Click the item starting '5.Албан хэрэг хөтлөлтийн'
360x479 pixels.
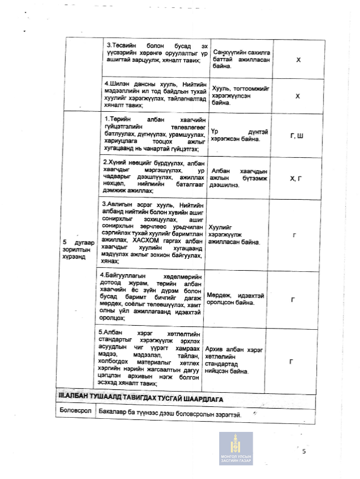click(x=155, y=358)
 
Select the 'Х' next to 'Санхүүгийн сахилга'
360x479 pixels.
click(x=298, y=59)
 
